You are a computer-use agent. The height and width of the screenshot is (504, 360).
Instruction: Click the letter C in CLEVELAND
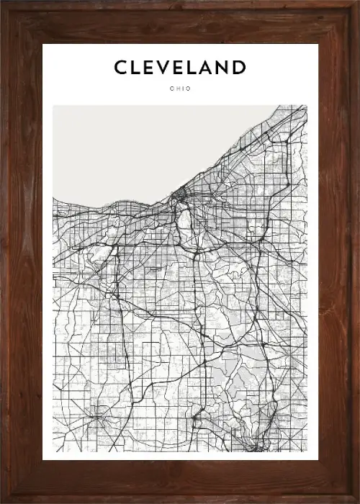[121, 68]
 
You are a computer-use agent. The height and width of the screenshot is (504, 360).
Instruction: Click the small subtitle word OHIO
[180, 89]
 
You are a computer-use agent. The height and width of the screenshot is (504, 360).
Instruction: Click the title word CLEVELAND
[180, 68]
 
